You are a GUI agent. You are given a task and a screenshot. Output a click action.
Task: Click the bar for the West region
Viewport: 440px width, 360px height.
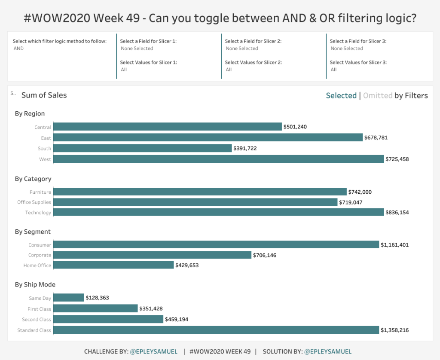point(218,159)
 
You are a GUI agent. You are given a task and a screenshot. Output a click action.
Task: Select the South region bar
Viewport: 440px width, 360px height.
point(142,148)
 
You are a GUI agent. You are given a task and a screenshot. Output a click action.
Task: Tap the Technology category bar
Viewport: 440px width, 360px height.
point(218,212)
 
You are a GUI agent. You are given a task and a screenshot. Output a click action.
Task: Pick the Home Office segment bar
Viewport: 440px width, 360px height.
point(113,265)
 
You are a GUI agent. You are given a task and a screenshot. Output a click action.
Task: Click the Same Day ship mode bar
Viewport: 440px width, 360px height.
point(69,298)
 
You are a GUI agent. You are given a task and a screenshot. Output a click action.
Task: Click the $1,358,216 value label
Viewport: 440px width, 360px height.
point(394,330)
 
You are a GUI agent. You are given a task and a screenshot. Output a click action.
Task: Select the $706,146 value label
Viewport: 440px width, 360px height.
point(266,255)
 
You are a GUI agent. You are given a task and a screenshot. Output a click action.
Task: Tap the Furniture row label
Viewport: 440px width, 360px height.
point(40,192)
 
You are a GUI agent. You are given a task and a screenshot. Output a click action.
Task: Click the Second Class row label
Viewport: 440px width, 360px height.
point(37,320)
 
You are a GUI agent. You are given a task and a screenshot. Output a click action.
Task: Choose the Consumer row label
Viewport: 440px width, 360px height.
point(40,245)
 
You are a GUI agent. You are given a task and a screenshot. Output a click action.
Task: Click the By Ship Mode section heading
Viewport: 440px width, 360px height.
point(35,284)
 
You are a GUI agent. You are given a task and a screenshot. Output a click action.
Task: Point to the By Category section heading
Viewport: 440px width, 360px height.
point(33,179)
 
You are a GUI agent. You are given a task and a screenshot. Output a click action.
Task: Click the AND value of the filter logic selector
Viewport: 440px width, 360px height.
point(19,49)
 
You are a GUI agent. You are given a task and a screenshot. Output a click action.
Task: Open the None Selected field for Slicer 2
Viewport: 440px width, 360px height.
point(242,49)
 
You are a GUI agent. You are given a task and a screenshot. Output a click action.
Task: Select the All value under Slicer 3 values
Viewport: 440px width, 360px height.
point(333,70)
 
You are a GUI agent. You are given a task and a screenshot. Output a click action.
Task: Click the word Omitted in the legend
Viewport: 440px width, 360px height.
point(378,95)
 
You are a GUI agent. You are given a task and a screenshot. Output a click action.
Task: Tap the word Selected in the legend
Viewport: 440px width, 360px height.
point(341,95)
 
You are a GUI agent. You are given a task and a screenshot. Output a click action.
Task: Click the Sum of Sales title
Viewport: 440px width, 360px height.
point(44,95)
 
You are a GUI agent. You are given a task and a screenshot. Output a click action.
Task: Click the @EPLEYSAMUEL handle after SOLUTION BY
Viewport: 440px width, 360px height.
point(328,351)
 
